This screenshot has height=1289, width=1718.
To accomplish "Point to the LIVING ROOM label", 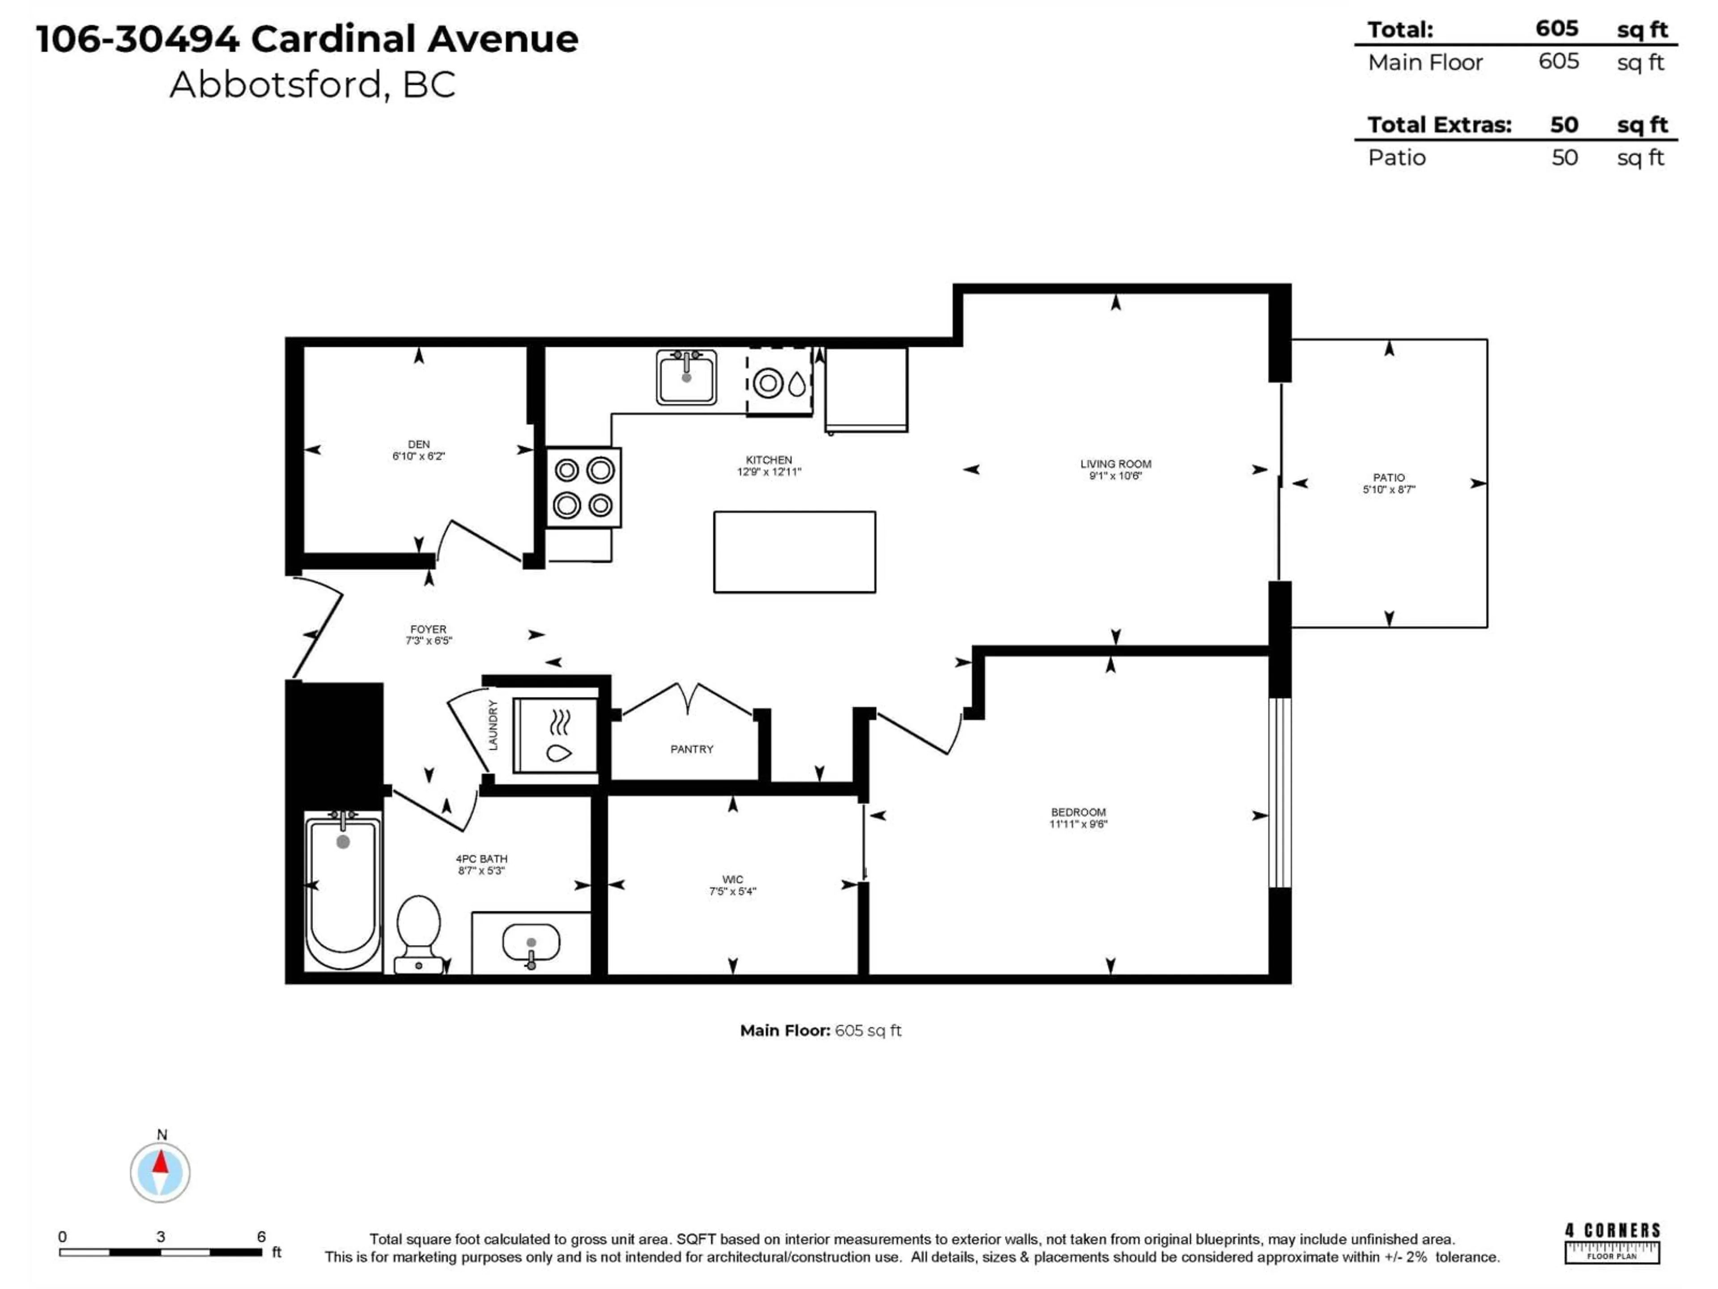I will (1115, 464).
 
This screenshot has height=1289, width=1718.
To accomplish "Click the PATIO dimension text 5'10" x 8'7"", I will (1389, 490).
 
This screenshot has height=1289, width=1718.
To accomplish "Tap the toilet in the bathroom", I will (419, 932).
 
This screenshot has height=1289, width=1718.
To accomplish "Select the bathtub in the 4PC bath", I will (343, 890).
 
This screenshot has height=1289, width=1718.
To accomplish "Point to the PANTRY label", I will (691, 749).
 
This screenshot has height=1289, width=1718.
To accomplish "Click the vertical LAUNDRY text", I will (493, 725).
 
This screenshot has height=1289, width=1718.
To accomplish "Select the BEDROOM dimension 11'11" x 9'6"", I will (1078, 824).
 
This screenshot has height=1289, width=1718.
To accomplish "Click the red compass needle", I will (160, 1162).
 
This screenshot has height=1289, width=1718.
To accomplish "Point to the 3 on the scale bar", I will (161, 1236).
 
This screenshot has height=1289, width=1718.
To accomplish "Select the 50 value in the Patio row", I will (1564, 158).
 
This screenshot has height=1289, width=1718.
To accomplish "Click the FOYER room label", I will (428, 629).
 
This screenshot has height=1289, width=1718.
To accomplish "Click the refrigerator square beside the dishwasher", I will (866, 388).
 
